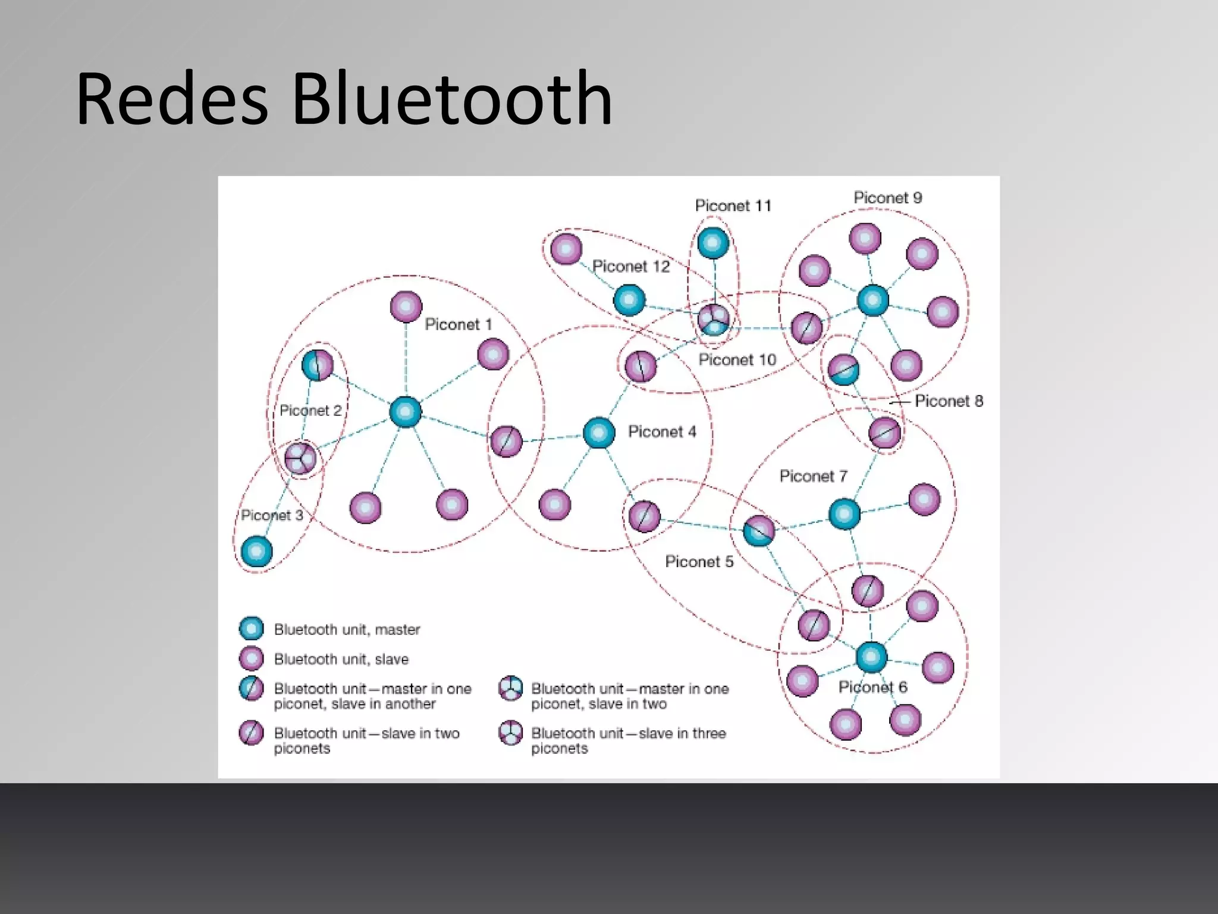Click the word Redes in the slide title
coord(172,99)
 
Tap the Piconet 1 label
coord(458,324)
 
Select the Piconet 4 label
coord(661,431)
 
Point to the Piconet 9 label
coord(887,198)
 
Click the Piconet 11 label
coord(733,206)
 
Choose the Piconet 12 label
coord(630,266)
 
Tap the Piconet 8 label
coord(948,401)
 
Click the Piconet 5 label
coord(699,561)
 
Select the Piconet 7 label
coord(812,476)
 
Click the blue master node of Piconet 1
coord(406,412)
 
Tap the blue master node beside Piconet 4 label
coord(598,433)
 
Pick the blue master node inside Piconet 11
coord(712,243)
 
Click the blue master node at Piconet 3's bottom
coord(256,551)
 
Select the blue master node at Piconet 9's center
coord(872,300)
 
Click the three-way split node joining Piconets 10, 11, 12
coord(713,319)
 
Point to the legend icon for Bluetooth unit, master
coord(251,628)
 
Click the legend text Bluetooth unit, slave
coord(341,659)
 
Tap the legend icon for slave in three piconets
coord(510,733)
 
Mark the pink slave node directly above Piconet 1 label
coord(406,307)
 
